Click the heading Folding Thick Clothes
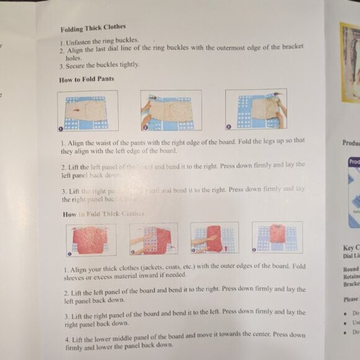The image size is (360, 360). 92,29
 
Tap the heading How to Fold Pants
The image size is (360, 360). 86,79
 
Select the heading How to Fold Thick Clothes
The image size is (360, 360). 103,214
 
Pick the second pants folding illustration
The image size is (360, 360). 171,110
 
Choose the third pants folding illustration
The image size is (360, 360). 256,109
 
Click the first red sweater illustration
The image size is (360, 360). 91,240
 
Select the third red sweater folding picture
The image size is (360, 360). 214,238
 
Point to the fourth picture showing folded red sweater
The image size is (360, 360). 277,236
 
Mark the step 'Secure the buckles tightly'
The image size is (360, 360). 102,65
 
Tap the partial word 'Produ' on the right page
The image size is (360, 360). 351,143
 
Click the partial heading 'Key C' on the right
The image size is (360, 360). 351,248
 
